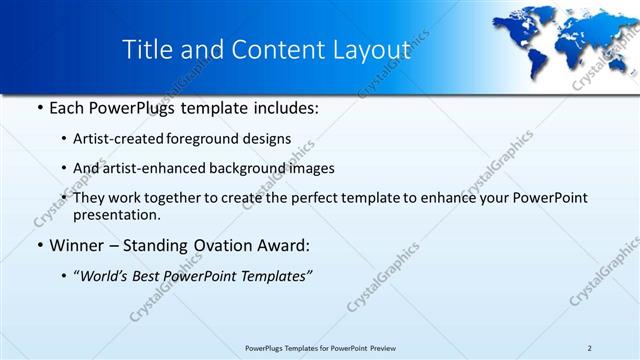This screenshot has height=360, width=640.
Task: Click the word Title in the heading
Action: (x=146, y=51)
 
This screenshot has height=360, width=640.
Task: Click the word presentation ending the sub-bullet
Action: (x=116, y=214)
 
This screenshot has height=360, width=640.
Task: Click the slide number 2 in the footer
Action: (x=590, y=347)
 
